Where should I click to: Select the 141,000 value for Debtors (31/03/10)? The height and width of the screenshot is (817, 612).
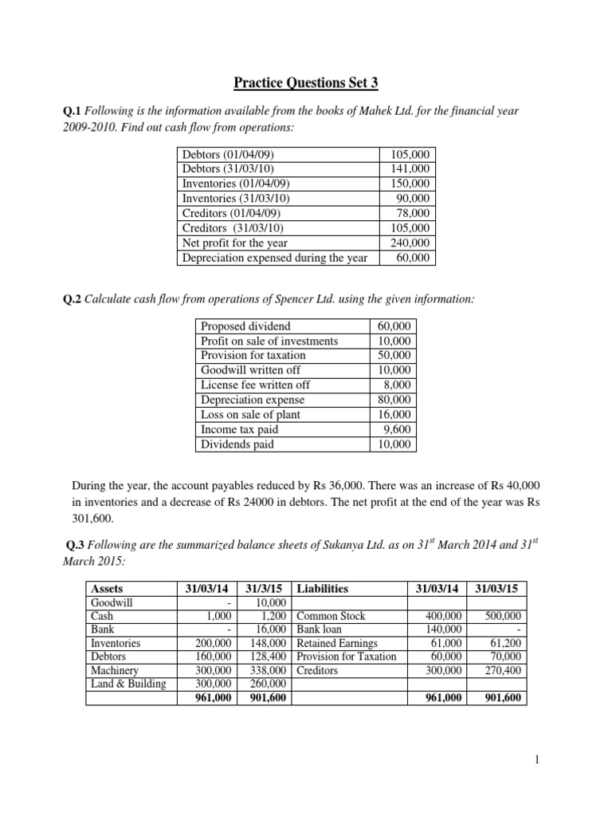pos(410,169)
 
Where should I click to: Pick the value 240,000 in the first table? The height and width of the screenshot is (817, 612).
pos(410,243)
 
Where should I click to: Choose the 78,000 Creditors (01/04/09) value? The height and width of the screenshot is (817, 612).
pos(413,213)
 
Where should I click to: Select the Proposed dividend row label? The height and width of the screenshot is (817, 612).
pos(245,326)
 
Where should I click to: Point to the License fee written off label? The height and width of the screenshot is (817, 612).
pos(256,385)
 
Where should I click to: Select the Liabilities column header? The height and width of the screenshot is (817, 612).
pos(322,588)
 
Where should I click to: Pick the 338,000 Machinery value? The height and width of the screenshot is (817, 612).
pos(269,671)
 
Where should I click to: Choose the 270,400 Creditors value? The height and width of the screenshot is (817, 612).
pos(502,671)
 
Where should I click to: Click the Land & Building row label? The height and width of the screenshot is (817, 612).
pos(128,684)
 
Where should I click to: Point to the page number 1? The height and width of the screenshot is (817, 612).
pos(537,760)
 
